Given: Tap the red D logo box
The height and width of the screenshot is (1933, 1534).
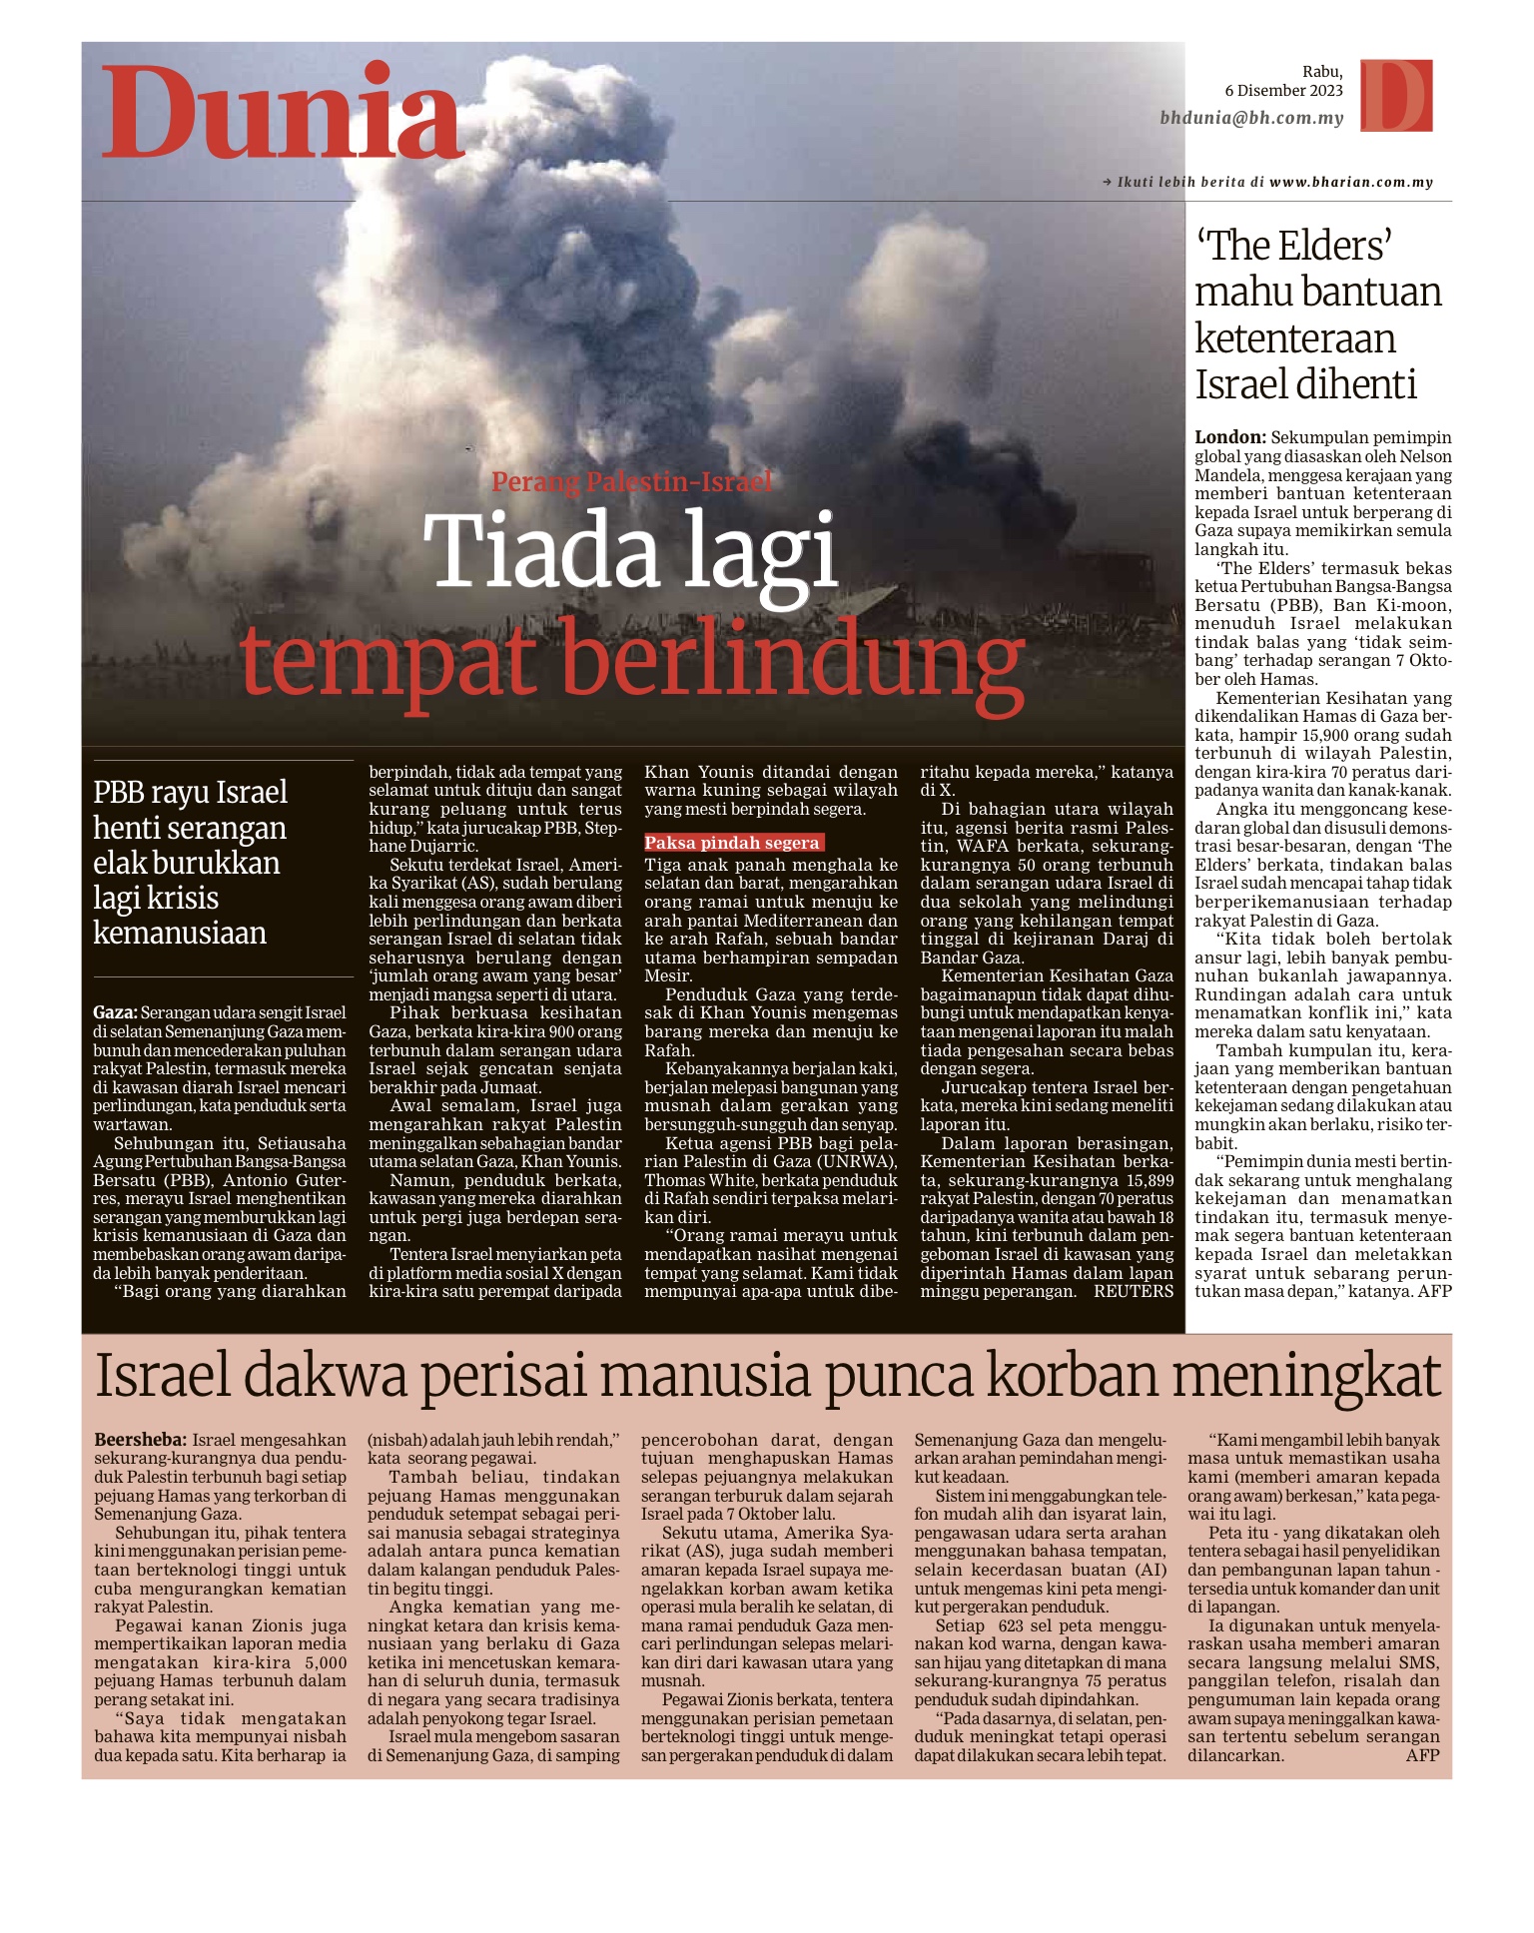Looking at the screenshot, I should click(x=1397, y=96).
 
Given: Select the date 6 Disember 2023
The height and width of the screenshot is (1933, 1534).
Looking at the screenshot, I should click(x=1283, y=91).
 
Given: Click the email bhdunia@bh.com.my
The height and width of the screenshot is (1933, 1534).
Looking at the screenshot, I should click(x=1251, y=118).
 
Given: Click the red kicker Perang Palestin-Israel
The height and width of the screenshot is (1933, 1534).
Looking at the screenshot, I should click(x=631, y=482).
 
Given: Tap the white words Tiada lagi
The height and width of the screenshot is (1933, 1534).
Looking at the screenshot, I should click(x=630, y=552).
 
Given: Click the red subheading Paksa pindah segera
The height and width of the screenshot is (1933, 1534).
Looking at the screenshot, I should click(x=732, y=843).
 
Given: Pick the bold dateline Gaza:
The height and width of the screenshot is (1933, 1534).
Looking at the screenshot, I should click(x=115, y=1012).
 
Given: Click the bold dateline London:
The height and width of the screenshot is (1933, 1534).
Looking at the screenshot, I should click(x=1230, y=437).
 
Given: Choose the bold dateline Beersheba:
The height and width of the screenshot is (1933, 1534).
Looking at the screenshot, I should click(x=140, y=1440).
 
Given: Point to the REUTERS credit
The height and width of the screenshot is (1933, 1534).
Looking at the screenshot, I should click(x=1134, y=1291).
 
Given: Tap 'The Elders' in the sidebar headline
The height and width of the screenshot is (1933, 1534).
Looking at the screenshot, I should click(x=1294, y=246).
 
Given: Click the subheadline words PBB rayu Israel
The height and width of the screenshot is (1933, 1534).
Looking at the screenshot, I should click(x=190, y=793).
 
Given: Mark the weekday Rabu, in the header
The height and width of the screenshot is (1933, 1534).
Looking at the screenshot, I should click(x=1322, y=72).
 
